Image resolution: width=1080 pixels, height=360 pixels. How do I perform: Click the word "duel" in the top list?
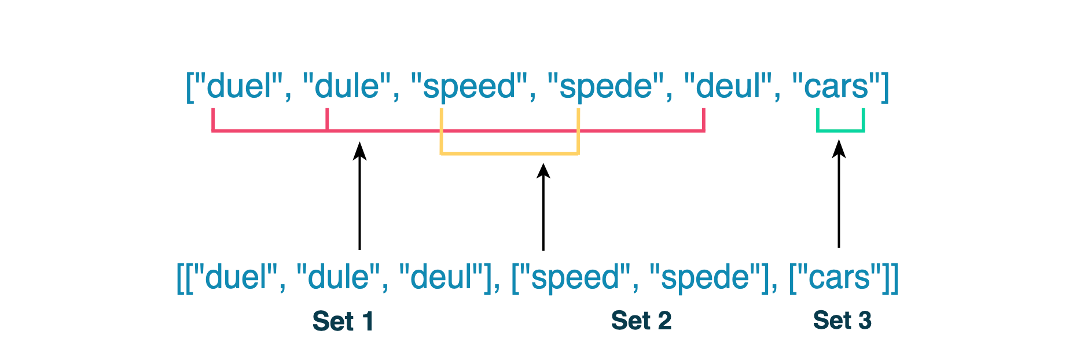tap(238, 87)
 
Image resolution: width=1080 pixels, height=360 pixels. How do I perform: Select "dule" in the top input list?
tap(347, 87)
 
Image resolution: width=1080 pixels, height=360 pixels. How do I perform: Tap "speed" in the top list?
tap(469, 87)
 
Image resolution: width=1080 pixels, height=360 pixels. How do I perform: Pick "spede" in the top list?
tap(605, 87)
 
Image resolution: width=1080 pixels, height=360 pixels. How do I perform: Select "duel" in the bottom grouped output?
tap(237, 277)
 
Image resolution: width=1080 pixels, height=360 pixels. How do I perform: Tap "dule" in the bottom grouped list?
tap(339, 277)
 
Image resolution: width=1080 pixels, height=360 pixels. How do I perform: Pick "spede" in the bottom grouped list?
tap(706, 277)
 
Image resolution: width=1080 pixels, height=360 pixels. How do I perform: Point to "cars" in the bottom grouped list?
tap(839, 277)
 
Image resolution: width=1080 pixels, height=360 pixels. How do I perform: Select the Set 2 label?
tap(641, 321)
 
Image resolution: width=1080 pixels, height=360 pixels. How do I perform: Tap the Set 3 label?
tap(842, 320)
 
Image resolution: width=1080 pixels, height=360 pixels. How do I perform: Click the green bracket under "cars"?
tap(840, 130)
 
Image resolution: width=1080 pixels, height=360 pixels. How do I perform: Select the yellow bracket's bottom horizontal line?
tap(509, 153)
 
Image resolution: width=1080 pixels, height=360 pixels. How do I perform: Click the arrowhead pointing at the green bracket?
tap(839, 149)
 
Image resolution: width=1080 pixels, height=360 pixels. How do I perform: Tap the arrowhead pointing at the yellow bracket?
tap(543, 171)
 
